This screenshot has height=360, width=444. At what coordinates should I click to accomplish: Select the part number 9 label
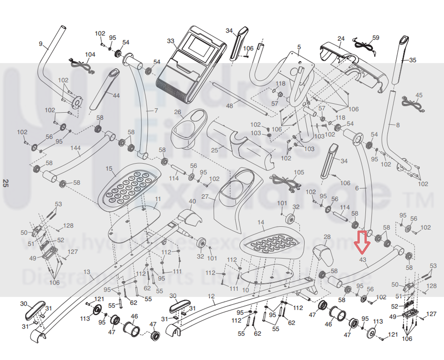41,44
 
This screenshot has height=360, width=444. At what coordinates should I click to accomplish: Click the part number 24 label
341,38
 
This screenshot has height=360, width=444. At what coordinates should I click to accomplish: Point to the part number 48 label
229,106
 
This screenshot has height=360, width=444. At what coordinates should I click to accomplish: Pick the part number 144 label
75,147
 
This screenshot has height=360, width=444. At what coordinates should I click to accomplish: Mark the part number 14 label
261,222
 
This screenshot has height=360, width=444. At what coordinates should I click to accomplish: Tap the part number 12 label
211,295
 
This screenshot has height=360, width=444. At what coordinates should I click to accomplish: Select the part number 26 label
177,112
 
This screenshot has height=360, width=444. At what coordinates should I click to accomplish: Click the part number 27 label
205,197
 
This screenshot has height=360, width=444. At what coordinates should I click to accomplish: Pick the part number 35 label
412,60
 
